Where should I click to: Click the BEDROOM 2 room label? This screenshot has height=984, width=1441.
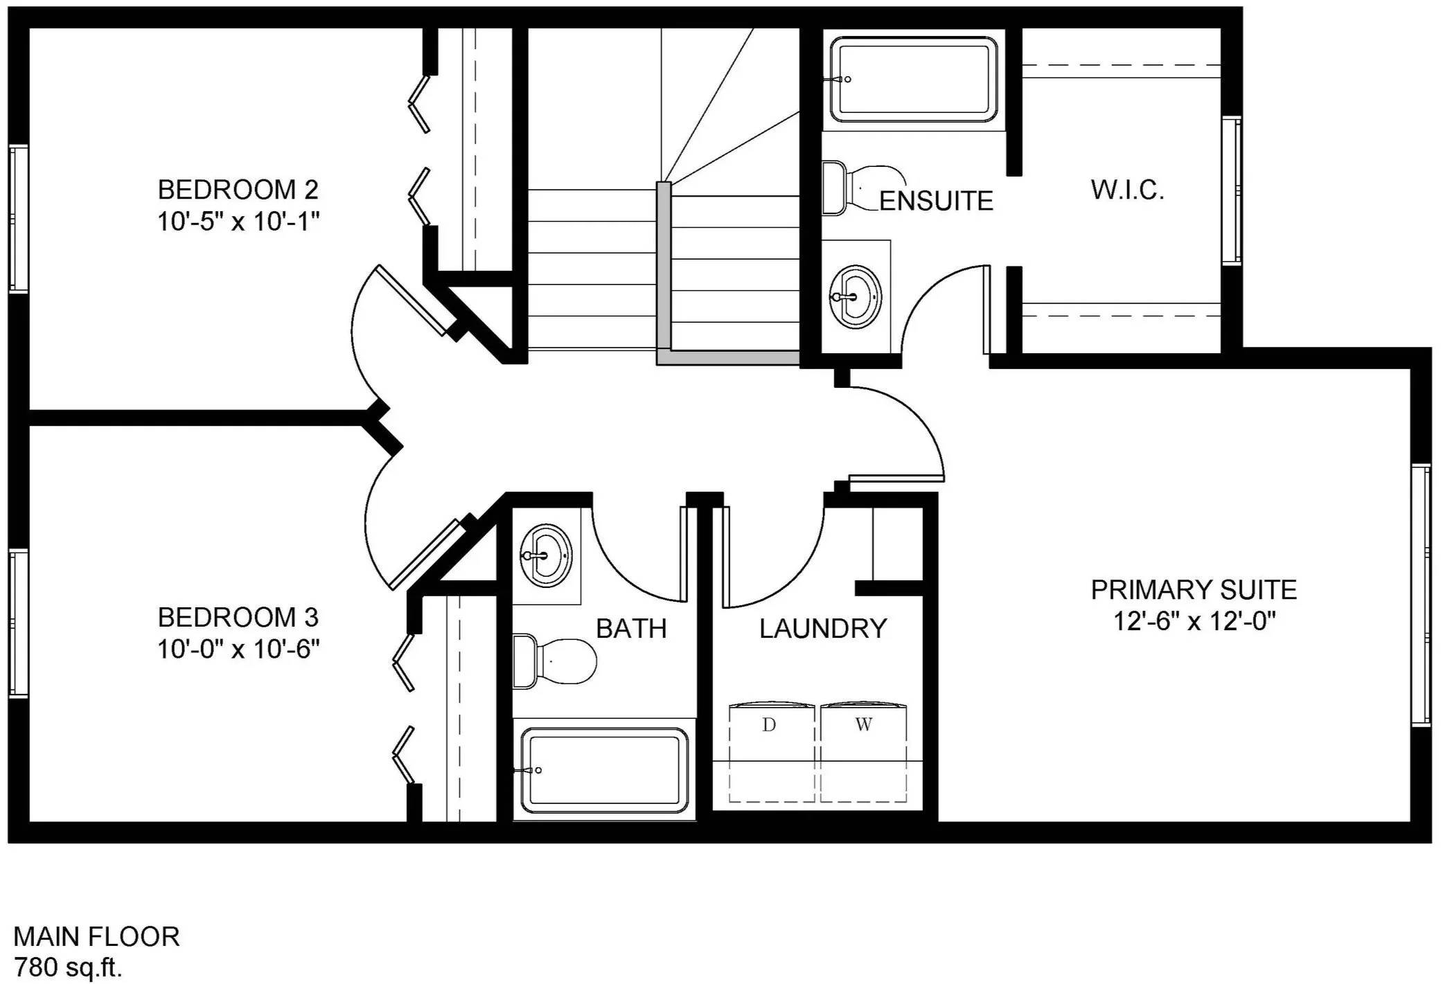(238, 189)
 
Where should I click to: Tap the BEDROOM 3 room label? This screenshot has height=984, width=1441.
(238, 616)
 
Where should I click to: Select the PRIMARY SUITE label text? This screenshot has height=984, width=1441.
(1194, 590)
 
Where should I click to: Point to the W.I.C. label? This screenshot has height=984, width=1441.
(1127, 190)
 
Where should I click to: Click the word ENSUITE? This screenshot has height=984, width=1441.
(937, 201)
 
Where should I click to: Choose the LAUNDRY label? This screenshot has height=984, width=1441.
(823, 629)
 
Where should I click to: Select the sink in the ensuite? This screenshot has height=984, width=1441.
(855, 296)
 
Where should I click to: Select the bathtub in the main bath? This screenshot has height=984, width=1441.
(604, 769)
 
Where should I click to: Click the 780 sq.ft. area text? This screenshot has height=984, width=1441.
(68, 967)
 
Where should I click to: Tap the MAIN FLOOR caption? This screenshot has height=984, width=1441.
(96, 936)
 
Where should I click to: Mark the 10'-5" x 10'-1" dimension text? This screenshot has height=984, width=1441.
(238, 222)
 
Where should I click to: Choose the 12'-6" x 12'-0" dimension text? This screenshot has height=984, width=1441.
(1194, 621)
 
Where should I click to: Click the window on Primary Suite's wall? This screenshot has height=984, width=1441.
(1421, 596)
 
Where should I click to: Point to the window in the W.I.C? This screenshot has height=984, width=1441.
(1232, 190)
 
